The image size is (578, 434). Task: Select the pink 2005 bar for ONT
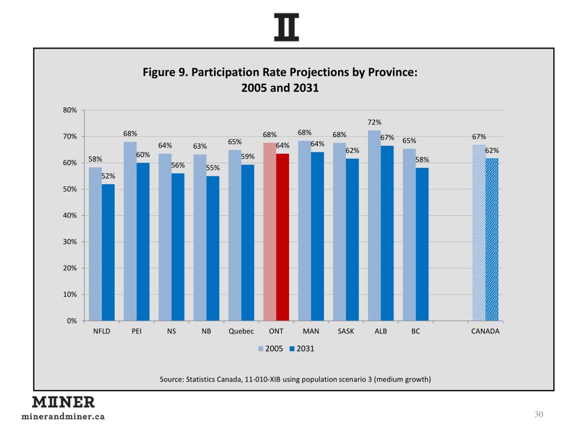270,232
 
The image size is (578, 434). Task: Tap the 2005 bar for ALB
374,226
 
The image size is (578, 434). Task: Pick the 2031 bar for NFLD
108,253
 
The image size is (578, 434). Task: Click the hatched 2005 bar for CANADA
479,233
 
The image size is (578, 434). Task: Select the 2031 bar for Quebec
248,243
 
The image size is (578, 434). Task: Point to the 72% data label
374,122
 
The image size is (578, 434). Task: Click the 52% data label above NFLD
108,176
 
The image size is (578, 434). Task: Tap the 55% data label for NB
213,168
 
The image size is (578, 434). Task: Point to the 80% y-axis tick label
70,110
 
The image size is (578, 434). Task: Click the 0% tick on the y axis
72,321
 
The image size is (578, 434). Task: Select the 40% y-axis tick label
70,215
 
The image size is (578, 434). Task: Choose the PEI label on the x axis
137,332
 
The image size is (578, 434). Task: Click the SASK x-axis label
346,332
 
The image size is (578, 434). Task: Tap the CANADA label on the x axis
485,332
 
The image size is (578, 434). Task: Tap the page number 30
538,415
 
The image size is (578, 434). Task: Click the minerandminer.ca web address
63,417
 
